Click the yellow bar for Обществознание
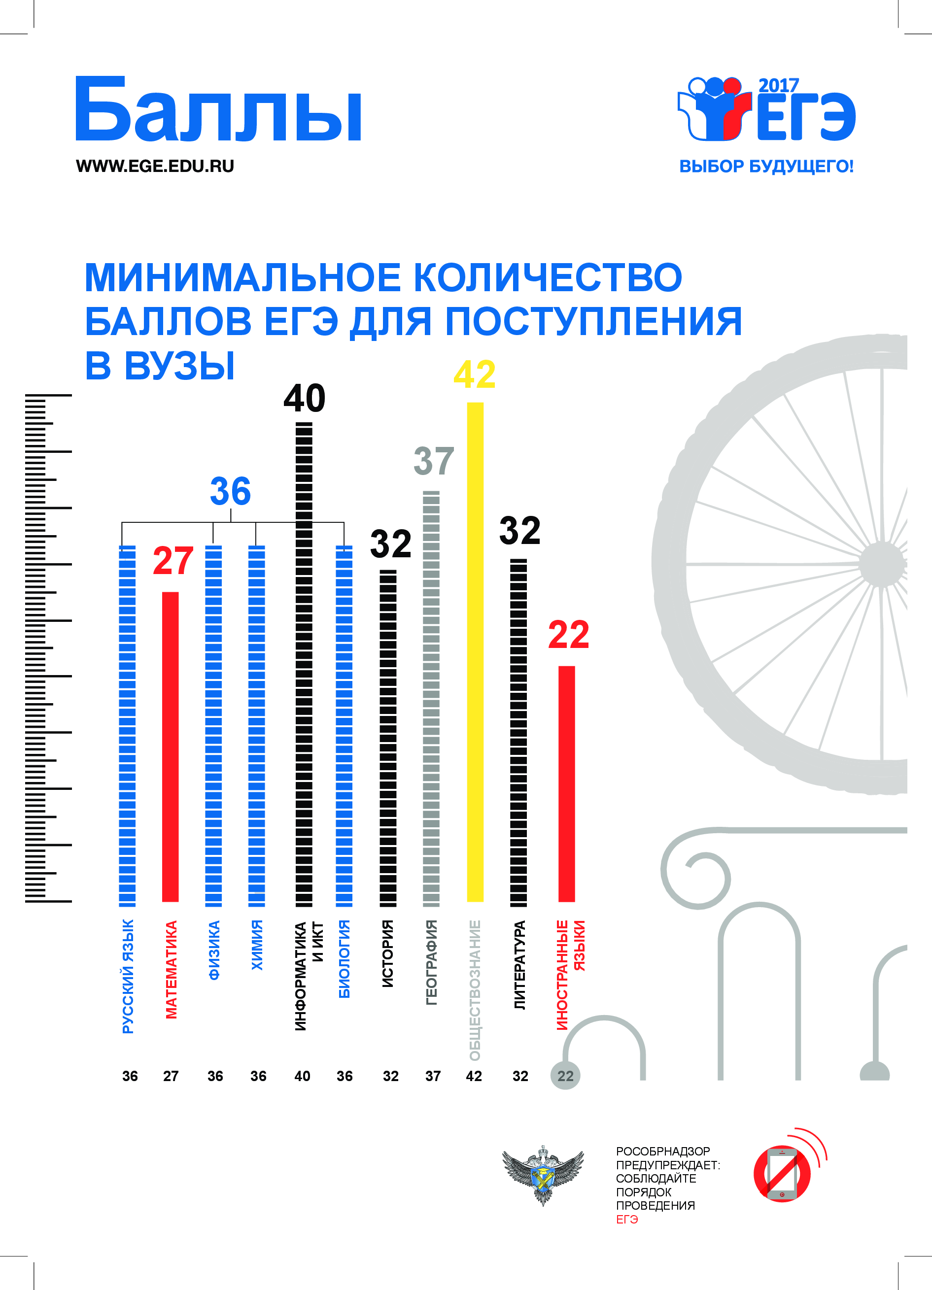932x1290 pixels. pos(475,651)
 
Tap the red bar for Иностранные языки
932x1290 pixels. pos(566,783)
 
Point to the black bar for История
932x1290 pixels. pos(388,738)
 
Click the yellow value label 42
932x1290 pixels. pos(475,375)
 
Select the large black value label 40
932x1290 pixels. pos(305,398)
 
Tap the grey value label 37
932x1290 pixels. pos(434,461)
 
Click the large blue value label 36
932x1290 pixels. pos(231,491)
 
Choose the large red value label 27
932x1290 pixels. pos(173,561)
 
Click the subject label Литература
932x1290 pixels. pos(519,965)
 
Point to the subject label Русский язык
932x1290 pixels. pos(128,976)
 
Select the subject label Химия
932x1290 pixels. pos(257,945)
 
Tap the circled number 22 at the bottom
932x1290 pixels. pos(565,1076)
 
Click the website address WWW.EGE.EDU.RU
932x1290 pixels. pos(155,166)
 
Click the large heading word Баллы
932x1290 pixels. pos(218,110)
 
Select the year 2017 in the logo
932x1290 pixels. pos(778,85)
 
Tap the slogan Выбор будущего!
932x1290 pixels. pos(766,167)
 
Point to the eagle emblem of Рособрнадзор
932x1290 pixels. pos(543,1173)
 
